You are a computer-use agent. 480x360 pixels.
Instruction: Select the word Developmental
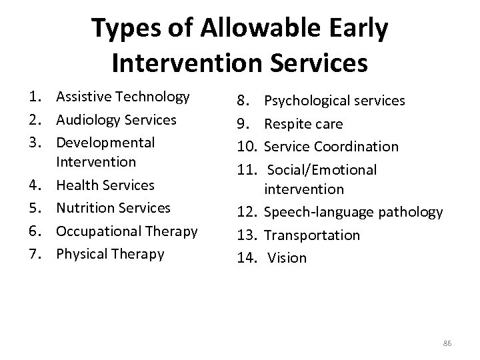click(105, 143)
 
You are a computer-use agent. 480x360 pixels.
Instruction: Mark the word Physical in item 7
click(81, 254)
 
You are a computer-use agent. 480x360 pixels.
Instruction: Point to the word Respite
click(287, 124)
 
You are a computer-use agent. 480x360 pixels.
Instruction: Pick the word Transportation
click(312, 235)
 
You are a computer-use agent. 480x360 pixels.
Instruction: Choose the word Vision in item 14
click(287, 258)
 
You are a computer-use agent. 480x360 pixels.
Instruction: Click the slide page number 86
click(447, 343)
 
